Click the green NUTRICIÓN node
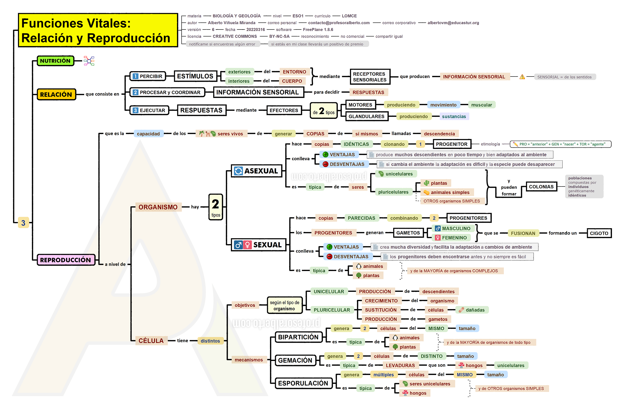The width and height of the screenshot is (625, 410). click(55, 61)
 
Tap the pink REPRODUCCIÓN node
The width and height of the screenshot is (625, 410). click(66, 260)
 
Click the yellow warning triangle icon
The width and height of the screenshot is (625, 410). click(522, 77)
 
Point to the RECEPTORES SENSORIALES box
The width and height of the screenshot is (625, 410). click(370, 77)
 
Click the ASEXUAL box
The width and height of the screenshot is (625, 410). click(257, 171)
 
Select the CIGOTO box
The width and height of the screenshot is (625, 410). click(599, 233)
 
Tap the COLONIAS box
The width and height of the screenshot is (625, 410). click(541, 187)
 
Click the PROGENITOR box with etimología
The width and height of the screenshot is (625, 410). click(452, 144)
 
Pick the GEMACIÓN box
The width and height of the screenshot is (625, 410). click(295, 360)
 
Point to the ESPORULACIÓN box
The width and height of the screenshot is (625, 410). click(303, 383)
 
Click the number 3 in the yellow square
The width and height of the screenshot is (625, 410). click(23, 223)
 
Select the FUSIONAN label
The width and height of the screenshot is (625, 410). click(523, 233)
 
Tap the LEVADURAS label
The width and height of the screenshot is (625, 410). click(400, 365)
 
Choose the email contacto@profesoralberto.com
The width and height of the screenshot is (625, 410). click(339, 23)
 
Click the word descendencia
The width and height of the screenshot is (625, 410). click(439, 134)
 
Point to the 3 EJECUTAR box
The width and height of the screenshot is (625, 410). click(149, 110)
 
